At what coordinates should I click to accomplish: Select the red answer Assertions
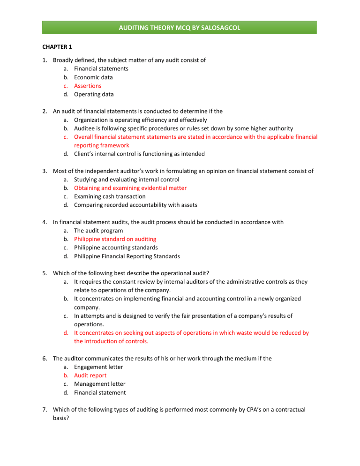point(88,86)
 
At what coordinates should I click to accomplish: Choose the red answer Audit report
point(90,376)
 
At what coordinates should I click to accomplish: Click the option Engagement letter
point(98,367)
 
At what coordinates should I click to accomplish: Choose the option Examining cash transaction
point(110,196)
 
